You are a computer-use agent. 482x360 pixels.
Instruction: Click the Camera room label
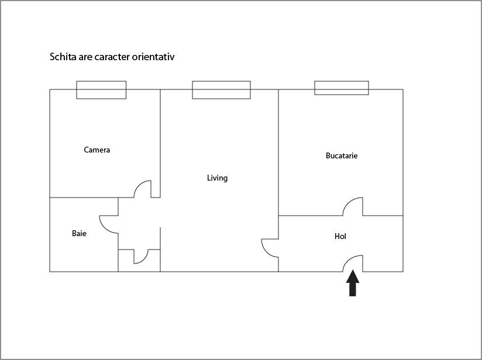click(97, 150)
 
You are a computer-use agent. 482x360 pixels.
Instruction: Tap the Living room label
click(217, 178)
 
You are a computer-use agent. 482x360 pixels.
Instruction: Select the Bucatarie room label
click(342, 156)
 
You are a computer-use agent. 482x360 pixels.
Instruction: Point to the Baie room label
click(80, 234)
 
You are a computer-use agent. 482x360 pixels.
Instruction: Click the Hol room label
click(340, 237)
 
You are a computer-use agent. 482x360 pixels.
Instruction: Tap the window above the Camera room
click(101, 90)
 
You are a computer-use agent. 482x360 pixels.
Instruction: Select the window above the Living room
click(221, 90)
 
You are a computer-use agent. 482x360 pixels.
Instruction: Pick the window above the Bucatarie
click(342, 88)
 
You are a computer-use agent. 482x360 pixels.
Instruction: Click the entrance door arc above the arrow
click(353, 263)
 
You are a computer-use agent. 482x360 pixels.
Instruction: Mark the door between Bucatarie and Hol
click(353, 206)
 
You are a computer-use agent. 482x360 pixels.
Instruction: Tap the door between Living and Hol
click(270, 248)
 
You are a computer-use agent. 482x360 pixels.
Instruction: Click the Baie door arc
click(109, 224)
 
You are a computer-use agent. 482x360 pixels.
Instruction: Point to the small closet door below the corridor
click(141, 257)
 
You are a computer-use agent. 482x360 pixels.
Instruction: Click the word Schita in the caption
click(63, 57)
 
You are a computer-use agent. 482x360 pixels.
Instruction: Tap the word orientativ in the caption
click(154, 57)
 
